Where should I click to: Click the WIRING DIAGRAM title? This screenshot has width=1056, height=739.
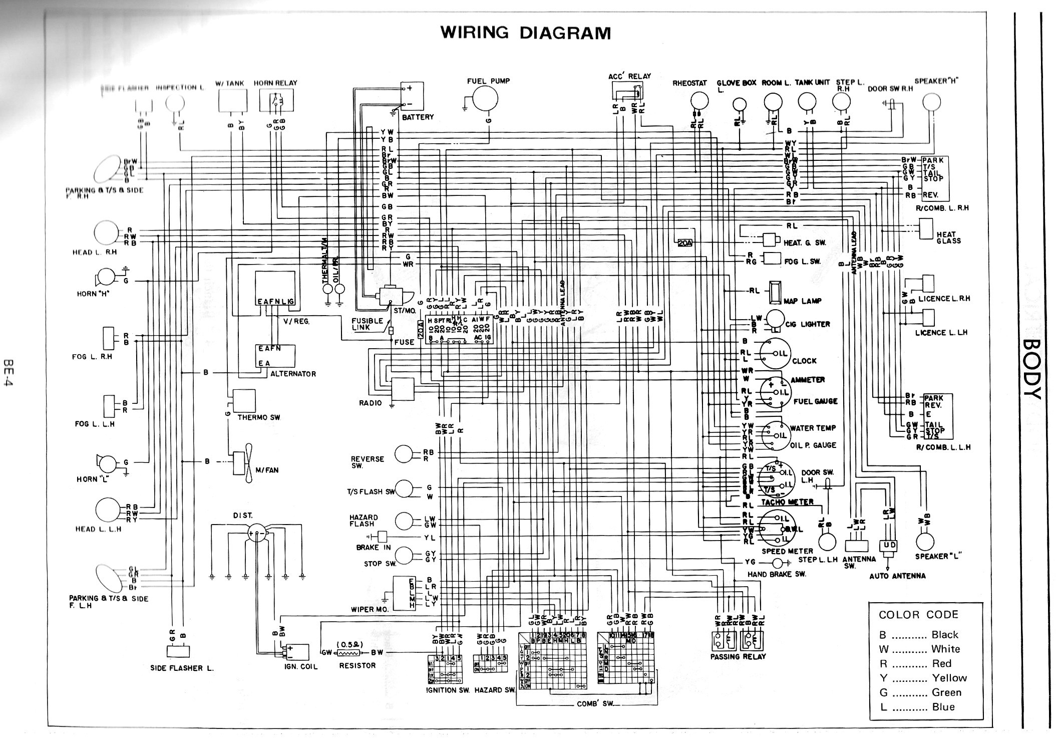tap(525, 33)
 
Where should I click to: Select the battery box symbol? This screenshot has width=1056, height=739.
tap(412, 96)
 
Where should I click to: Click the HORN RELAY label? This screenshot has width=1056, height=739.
tap(275, 83)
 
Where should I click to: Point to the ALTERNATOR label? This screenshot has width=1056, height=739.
tap(293, 374)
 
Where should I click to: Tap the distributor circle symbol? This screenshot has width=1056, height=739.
tap(255, 534)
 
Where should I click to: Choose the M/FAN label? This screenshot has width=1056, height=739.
tap(266, 470)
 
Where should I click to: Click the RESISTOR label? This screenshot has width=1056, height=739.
tap(357, 665)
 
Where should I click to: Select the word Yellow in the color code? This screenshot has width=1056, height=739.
tap(949, 678)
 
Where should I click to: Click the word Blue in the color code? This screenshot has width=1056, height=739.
tap(943, 707)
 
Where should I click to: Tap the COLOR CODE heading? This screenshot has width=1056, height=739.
tap(918, 615)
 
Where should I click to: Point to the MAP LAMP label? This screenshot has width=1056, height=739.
tap(804, 301)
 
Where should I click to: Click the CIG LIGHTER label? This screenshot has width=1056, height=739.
tap(808, 324)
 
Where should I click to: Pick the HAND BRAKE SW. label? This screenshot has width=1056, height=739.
tap(777, 574)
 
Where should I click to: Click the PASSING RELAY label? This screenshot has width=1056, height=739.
tap(738, 656)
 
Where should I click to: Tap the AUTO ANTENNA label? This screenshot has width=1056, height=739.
tap(897, 576)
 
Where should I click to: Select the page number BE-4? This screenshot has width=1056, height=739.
tap(9, 371)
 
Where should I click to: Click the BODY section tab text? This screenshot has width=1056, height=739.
tap(1031, 369)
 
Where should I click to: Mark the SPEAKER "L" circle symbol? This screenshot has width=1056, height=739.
tap(925, 541)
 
